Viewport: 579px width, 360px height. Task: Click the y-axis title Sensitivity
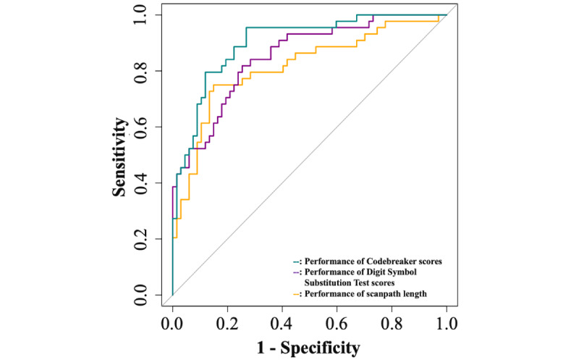[119, 157]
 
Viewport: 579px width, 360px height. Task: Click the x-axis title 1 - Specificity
[308, 348]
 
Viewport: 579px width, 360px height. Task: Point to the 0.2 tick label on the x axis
[227, 324]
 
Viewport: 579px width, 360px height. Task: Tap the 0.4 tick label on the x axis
[282, 324]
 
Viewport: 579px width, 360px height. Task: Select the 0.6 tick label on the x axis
[337, 324]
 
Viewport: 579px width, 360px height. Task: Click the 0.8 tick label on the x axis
[392, 324]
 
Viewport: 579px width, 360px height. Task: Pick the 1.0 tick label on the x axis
[447, 324]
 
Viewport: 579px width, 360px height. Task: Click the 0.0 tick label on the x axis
[172, 324]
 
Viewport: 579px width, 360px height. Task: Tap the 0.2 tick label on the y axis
[140, 239]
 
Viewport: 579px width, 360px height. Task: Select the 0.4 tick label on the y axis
[140, 183]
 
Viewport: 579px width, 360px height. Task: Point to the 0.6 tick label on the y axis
[140, 127]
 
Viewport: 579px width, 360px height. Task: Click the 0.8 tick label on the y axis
[140, 71]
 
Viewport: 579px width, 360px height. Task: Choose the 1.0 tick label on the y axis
[140, 14]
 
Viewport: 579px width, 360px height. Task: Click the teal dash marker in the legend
[296, 262]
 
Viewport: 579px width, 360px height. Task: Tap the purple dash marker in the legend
[296, 273]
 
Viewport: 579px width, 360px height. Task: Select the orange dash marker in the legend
[296, 295]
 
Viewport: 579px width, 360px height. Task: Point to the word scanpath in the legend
[384, 294]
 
